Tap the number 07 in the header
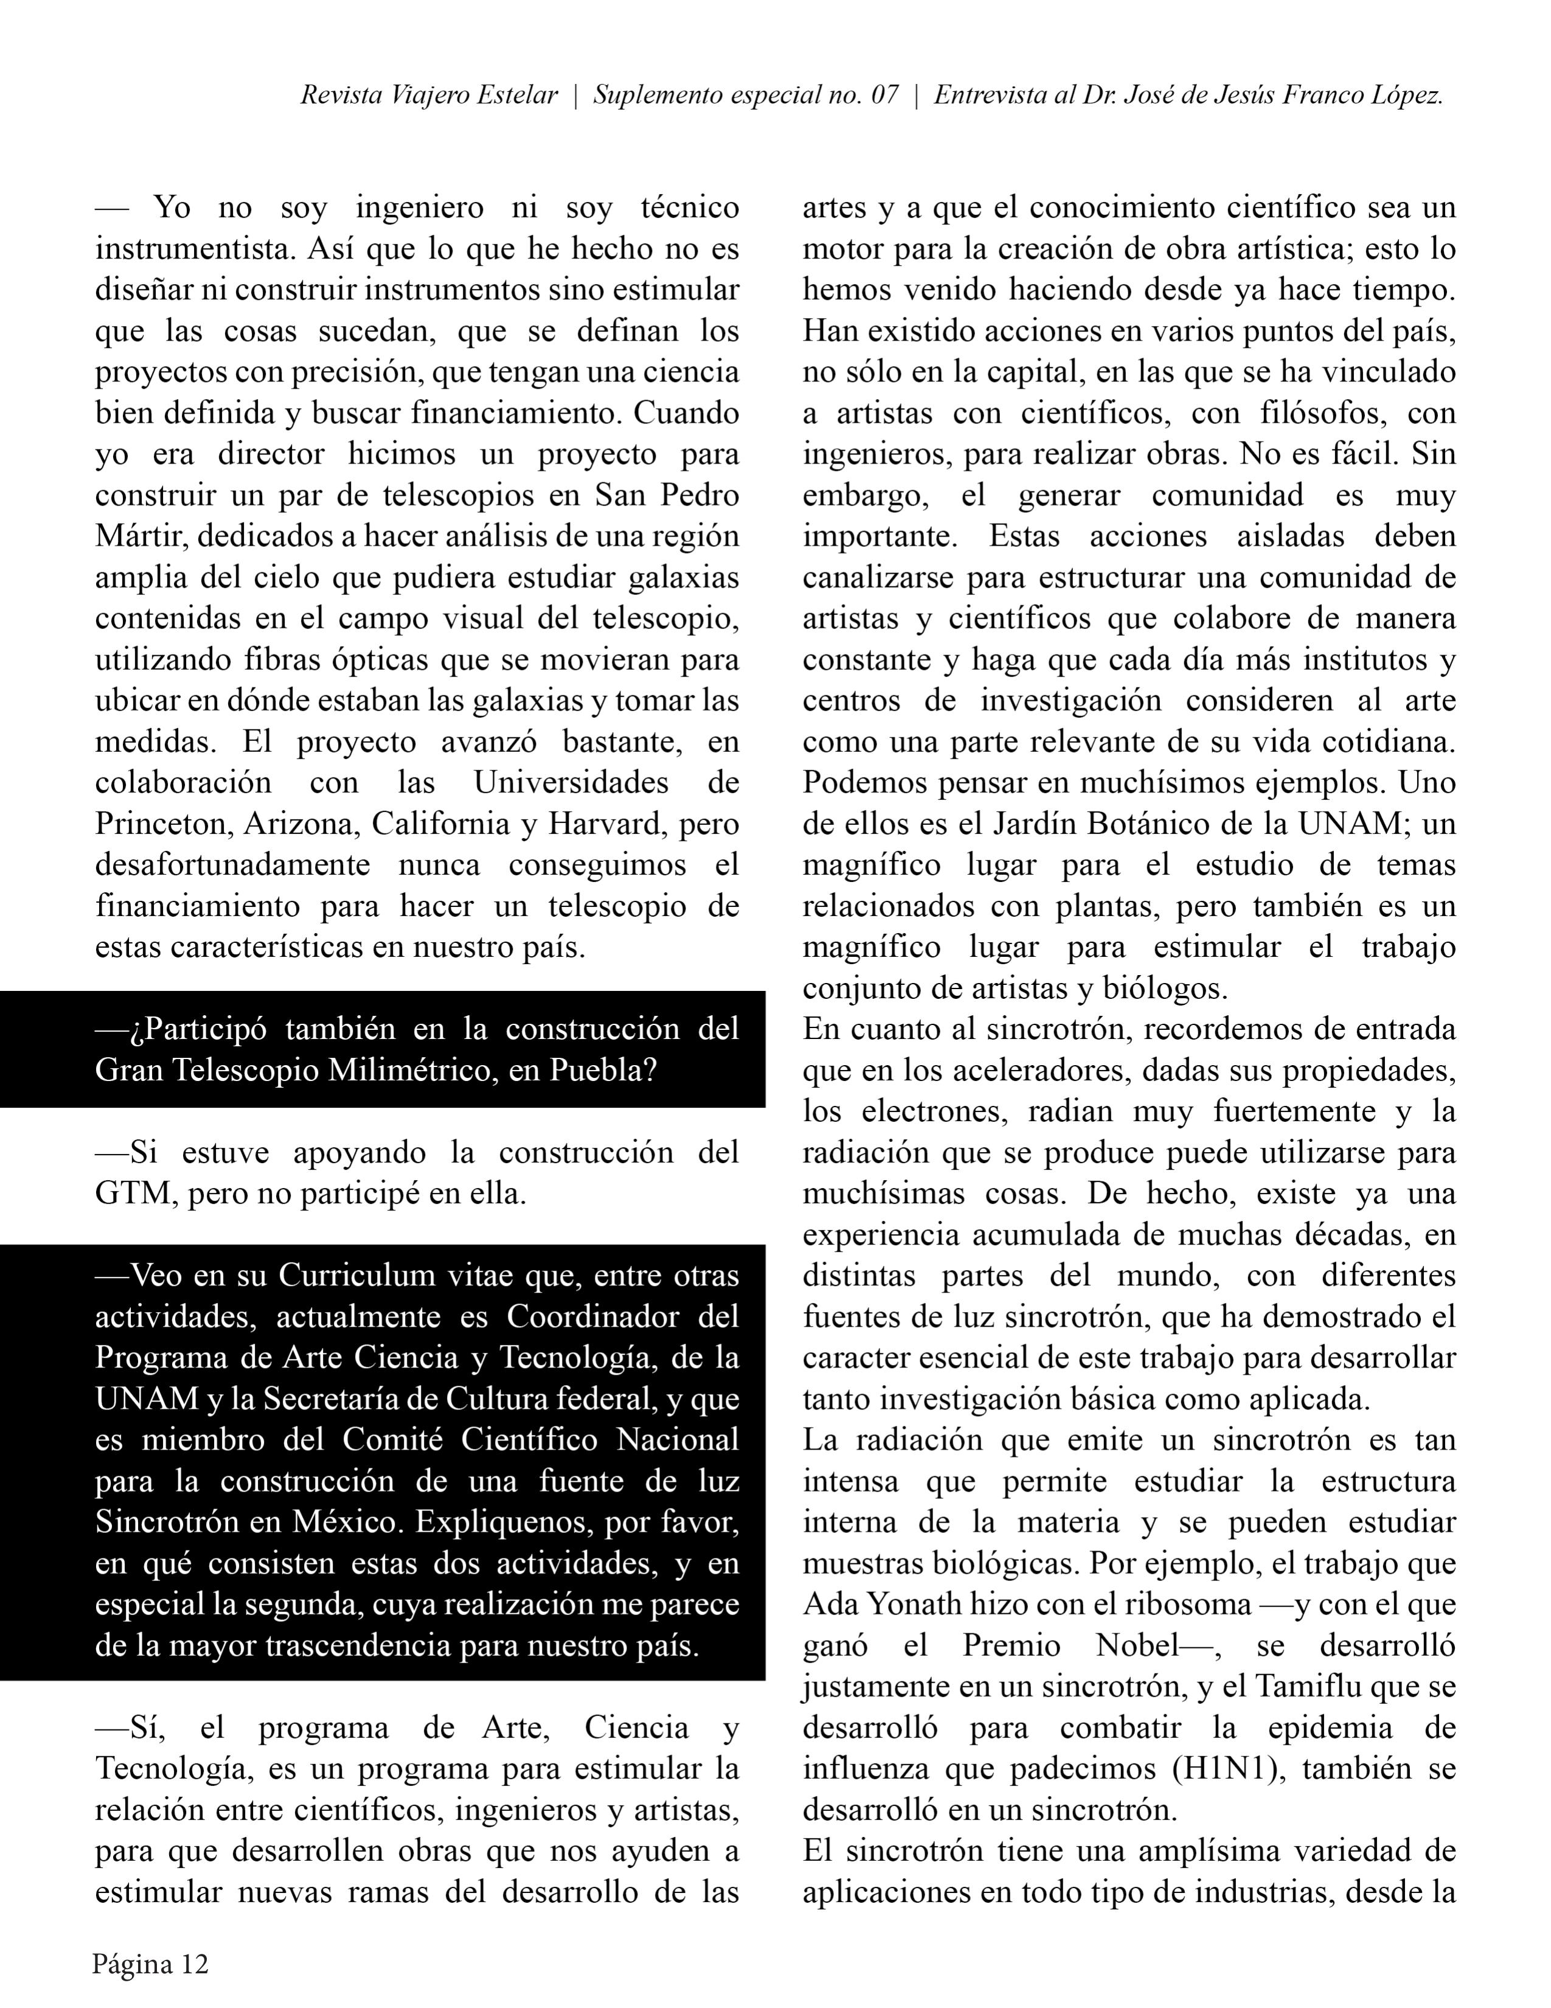click(884, 96)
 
